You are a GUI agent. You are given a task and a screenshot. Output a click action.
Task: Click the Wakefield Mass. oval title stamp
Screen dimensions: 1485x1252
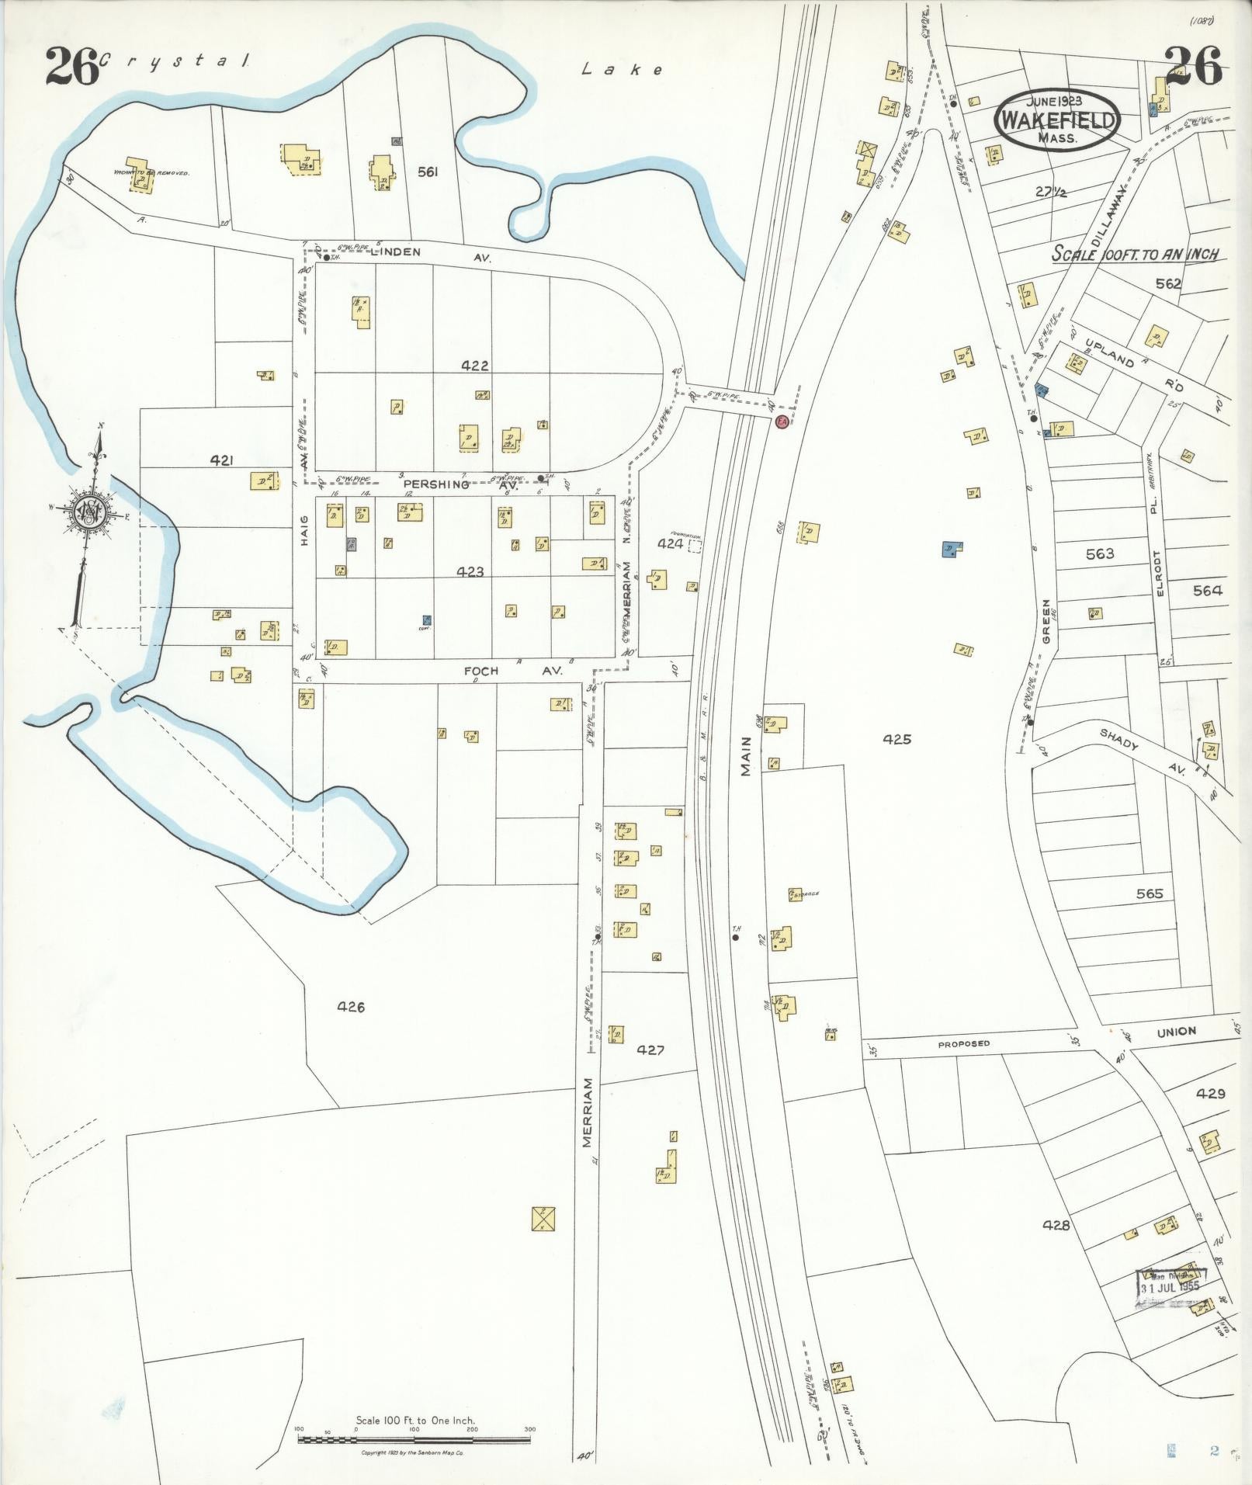pos(1058,120)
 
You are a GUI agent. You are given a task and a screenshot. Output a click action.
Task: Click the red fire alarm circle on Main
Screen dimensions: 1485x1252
pos(782,422)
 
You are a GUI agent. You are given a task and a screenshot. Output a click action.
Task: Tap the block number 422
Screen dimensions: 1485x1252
pos(474,365)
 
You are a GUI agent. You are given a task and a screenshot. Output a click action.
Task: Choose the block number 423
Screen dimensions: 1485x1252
pos(470,572)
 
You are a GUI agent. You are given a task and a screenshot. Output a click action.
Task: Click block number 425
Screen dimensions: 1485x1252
pos(897,740)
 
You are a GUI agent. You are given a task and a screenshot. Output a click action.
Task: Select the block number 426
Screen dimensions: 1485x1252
pos(351,1007)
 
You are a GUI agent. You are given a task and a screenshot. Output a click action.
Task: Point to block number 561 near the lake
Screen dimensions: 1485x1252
pos(428,172)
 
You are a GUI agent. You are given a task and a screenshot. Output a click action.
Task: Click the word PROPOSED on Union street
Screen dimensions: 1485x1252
pos(963,1044)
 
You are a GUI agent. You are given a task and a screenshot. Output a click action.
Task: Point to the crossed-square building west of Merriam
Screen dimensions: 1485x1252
pos(543,1219)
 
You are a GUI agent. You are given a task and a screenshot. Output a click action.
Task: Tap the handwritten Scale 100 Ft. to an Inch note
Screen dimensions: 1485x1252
pos(1134,254)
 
